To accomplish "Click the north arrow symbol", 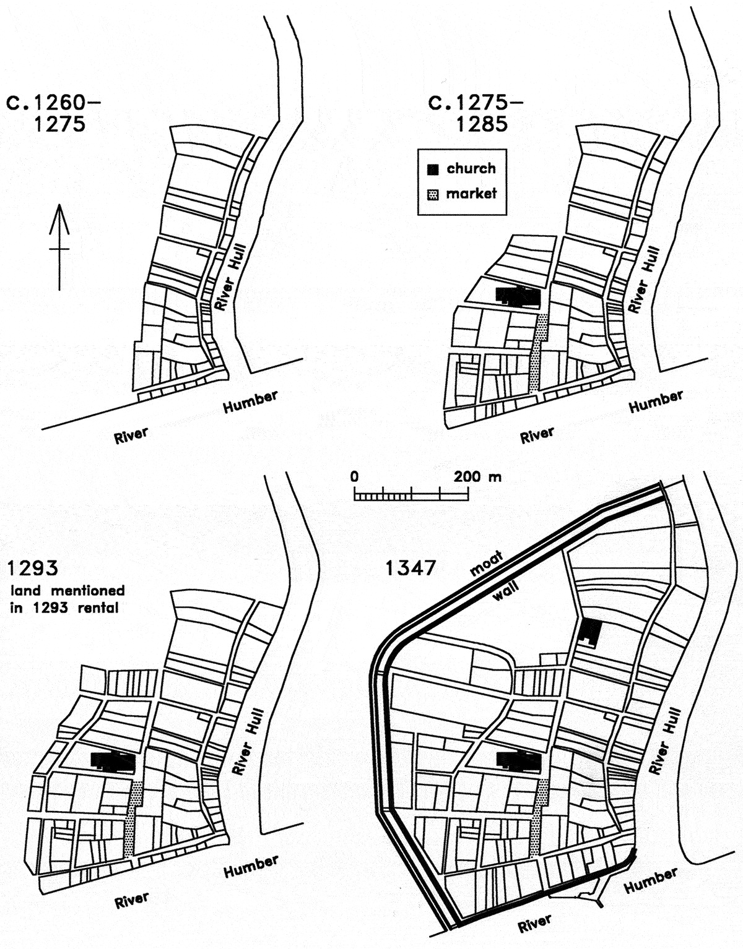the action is coord(59,247).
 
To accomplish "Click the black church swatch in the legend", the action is coord(433,170).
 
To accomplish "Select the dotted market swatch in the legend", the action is coord(433,194).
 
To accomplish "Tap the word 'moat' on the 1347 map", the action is coord(486,564).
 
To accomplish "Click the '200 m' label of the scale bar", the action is coord(477,476).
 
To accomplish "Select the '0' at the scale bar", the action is coord(354,476).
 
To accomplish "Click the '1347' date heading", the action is coord(411,569).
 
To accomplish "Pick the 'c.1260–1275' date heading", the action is coord(53,114).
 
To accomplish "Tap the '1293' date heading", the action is coord(32,569).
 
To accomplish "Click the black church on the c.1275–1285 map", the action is coord(518,296).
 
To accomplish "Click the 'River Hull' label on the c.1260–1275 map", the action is coord(228,277).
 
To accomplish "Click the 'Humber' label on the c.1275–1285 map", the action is coord(656,401).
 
